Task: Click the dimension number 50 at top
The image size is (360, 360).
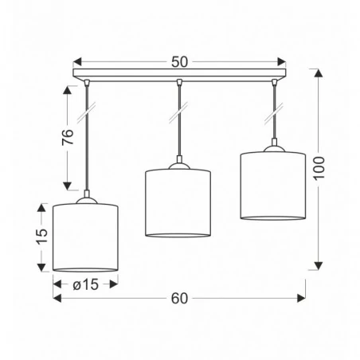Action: [x=179, y=60]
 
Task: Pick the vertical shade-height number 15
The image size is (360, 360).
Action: [x=42, y=237]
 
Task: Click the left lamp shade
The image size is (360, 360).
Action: [x=85, y=237]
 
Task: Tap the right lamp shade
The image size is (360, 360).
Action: [x=272, y=185]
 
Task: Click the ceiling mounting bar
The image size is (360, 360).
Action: [x=179, y=77]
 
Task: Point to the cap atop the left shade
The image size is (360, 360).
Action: [x=85, y=199]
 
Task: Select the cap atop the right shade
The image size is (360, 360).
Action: [x=272, y=147]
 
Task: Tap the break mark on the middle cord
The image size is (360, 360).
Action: [x=178, y=115]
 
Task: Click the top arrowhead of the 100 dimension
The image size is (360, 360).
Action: [x=319, y=74]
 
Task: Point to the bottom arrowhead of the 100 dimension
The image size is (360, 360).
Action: [x=319, y=266]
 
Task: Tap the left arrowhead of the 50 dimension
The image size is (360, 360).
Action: [x=76, y=60]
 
